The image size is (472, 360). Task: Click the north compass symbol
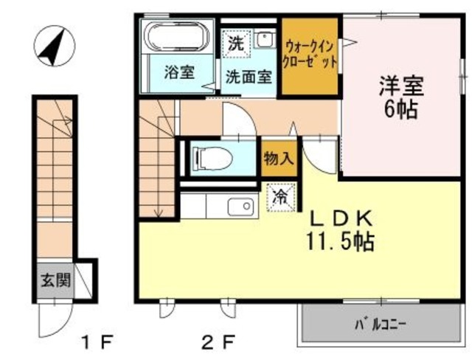(51, 45)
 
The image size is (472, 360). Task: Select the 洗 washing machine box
(236, 43)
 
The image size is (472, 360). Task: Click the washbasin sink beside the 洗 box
(264, 38)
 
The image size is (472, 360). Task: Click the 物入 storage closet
(279, 157)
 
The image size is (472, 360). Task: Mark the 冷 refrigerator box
(281, 197)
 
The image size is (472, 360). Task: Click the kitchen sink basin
(240, 207)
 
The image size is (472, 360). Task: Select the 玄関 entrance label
(55, 280)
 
